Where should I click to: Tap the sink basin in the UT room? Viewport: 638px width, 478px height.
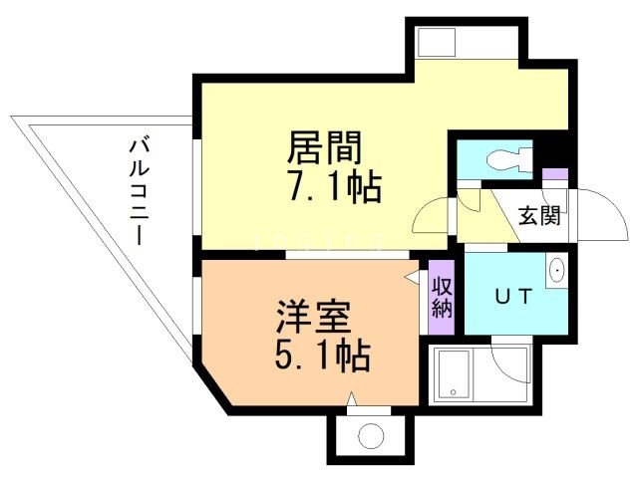click(556, 269)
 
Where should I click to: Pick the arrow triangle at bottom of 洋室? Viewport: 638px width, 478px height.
click(351, 399)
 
